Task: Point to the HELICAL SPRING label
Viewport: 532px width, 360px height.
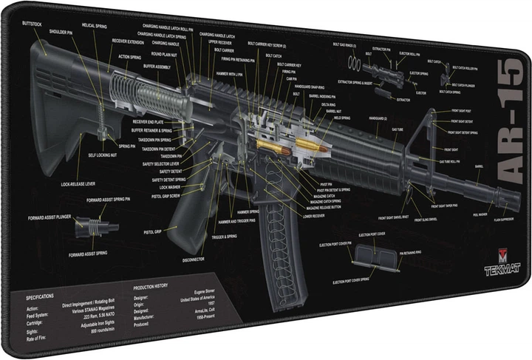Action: [92, 25]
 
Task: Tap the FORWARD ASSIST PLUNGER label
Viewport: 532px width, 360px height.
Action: [50, 217]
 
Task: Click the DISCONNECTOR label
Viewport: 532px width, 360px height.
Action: [193, 259]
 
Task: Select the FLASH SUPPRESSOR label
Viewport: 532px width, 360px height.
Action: [485, 220]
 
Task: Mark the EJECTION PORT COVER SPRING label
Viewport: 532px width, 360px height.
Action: [360, 282]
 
